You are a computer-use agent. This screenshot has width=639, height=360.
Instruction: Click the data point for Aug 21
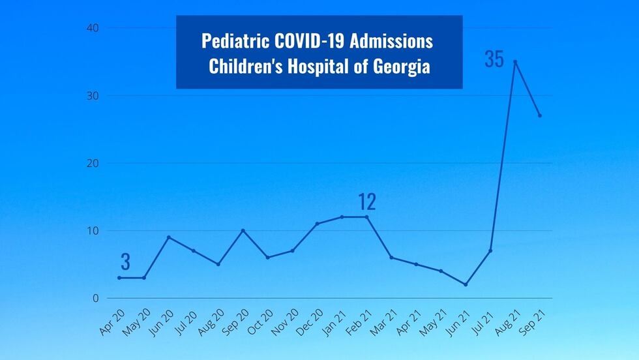coord(515,62)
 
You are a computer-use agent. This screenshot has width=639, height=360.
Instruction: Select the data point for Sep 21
coord(540,115)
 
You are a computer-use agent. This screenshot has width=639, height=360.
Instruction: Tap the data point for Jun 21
coord(466,284)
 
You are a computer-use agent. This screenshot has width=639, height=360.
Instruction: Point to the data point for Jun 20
coord(169,237)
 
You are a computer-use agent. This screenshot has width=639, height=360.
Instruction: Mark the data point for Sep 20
coord(243,230)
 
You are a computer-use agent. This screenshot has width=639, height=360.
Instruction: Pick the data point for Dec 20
coord(318,224)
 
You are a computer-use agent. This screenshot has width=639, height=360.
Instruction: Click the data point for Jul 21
coord(490,250)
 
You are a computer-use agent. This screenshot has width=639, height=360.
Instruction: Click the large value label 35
coord(494,59)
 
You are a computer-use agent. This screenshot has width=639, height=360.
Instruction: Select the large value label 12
coord(367,202)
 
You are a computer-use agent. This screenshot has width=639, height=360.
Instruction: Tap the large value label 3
coord(126,262)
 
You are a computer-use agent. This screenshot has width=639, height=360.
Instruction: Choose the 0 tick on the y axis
coord(95,298)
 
